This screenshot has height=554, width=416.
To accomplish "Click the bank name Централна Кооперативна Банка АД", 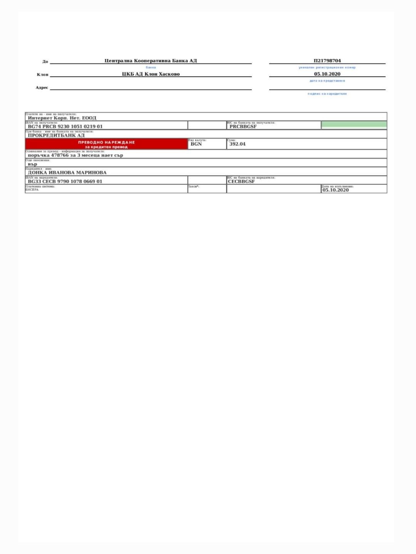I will coord(151,61).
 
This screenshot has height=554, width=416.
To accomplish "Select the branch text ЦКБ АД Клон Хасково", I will coord(151,74).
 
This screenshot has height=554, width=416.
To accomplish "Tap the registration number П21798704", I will coord(327,61).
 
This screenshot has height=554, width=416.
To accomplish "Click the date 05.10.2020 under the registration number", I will coord(327,74).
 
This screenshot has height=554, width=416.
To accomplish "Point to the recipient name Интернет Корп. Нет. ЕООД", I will coord(62,118).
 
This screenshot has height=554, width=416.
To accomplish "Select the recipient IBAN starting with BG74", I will coord(65,127).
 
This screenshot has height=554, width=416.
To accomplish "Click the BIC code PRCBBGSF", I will coord(243,127).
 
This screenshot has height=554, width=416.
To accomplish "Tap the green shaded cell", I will coord(354,124).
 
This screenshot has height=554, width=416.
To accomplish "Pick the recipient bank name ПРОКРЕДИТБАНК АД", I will coord(56,135).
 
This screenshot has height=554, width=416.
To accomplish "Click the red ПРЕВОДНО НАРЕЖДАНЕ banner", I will coord(106,144).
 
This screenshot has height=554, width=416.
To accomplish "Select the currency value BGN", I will coord(196,144).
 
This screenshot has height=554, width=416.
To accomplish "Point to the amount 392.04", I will coord(237,144).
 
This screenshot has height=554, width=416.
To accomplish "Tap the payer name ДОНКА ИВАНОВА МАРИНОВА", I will coord(67,173).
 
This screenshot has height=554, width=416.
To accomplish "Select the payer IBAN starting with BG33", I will coord(65,182).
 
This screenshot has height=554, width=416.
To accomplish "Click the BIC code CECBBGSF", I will coord(241,182).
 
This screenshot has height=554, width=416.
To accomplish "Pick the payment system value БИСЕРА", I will coord(32,190).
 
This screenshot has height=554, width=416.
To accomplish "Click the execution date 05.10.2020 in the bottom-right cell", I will coord(335,190).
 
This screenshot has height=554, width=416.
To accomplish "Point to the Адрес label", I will coord(42,88).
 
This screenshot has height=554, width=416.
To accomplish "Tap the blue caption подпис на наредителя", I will coord(327,94).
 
